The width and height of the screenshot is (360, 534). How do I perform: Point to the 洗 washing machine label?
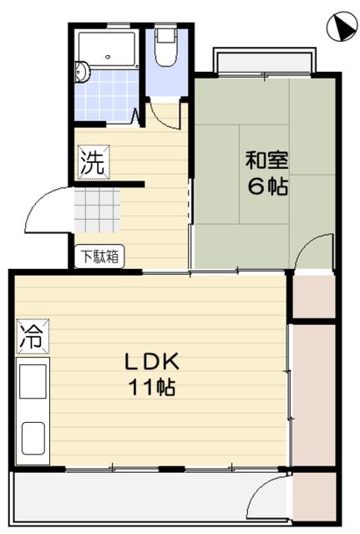pos(92,162)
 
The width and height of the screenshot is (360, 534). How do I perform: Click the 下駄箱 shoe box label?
pos(100,257)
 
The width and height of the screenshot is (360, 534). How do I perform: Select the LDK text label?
pos(152,363)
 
